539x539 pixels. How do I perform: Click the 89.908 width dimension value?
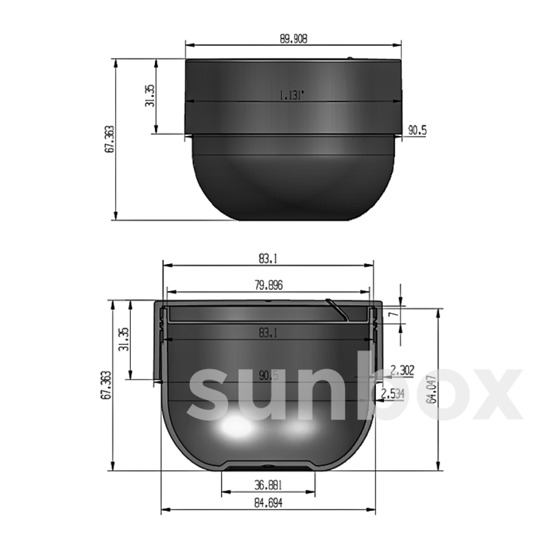[x=294, y=39]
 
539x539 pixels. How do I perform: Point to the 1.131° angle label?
[x=292, y=95]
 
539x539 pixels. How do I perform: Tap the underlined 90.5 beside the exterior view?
[x=417, y=131]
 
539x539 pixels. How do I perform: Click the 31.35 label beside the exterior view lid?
[x=150, y=96]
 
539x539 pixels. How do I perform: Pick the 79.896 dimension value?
[x=269, y=286]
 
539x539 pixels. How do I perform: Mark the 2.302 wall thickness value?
[x=402, y=371]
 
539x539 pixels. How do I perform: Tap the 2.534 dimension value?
[x=393, y=394]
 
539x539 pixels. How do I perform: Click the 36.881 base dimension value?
[x=268, y=485]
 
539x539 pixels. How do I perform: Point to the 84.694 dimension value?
[x=268, y=504]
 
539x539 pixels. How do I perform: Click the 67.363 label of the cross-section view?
[x=106, y=385]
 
